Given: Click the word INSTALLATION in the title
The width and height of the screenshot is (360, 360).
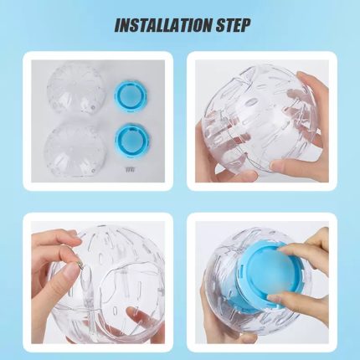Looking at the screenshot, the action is (163, 25).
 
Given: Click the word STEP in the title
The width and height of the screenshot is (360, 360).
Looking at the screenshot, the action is (233, 25).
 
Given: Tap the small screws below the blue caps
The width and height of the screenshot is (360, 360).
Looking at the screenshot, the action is (129, 169).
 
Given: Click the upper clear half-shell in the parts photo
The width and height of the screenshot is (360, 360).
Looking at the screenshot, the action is (76, 89).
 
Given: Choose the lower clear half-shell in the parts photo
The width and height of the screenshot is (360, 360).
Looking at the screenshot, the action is (75, 150).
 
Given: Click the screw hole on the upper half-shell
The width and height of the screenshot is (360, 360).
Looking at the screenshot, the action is (93, 106).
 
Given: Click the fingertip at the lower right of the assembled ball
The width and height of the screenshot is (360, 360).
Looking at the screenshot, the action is (285, 167).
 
